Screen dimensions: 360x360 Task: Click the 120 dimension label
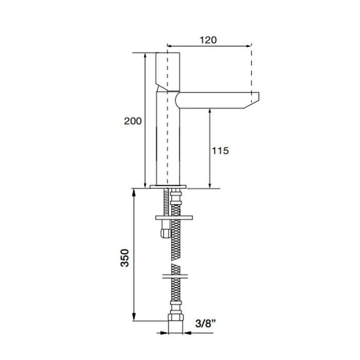pyautogui.click(x=208, y=40)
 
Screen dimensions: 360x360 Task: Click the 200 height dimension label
pyautogui.click(x=133, y=121)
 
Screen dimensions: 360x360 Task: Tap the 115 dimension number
pyautogui.click(x=220, y=151)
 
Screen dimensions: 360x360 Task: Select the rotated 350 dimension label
pyautogui.click(x=124, y=258)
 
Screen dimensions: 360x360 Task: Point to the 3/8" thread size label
pyautogui.click(x=206, y=323)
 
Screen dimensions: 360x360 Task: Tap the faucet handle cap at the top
pyautogui.click(x=168, y=71)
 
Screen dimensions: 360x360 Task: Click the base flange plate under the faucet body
pyautogui.click(x=168, y=187)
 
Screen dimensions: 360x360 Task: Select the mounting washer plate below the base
pyautogui.click(x=174, y=218)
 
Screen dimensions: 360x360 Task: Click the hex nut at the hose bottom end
pyautogui.click(x=176, y=317)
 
